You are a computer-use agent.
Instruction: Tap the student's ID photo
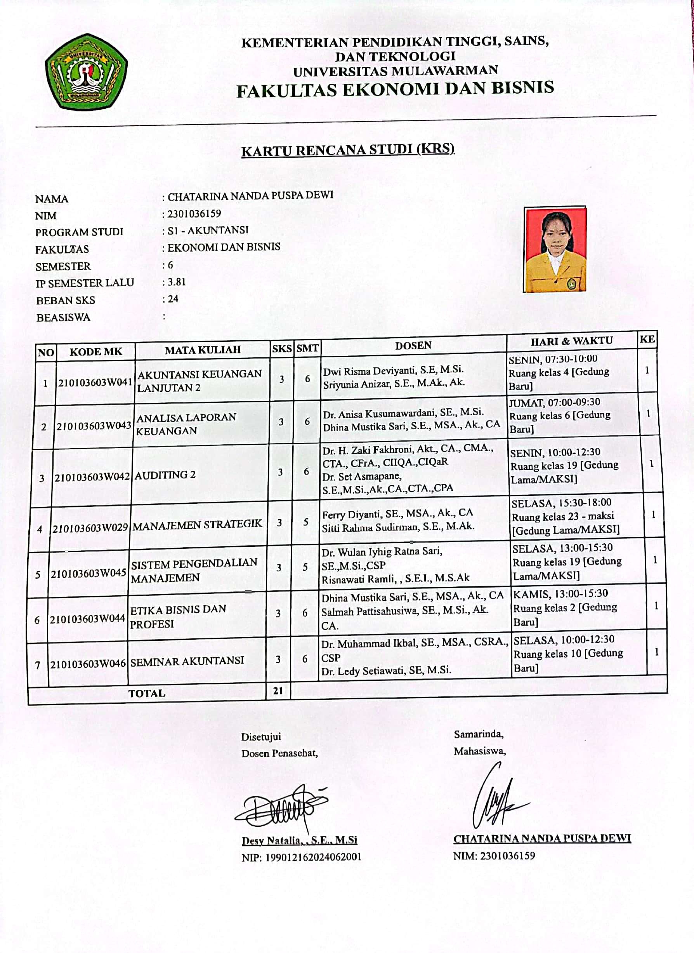point(555,249)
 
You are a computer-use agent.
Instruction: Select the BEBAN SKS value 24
point(173,299)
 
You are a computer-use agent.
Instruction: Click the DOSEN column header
point(413,345)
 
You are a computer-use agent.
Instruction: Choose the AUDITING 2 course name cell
point(165,475)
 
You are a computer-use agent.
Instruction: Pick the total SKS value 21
point(278,690)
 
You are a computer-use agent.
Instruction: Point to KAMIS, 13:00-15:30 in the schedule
point(560,593)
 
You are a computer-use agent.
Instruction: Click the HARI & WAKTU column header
point(572,341)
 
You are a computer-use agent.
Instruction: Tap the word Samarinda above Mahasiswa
point(478,734)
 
